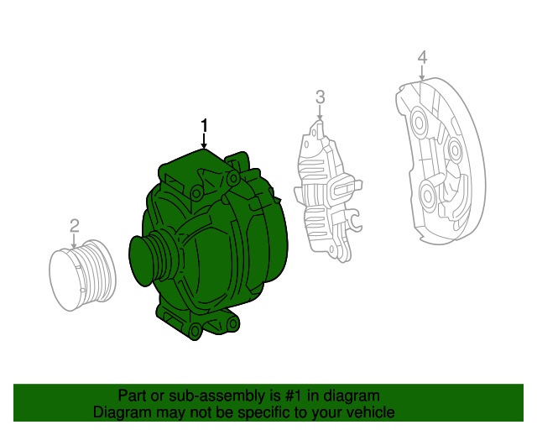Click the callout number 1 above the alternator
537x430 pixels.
pos(203,126)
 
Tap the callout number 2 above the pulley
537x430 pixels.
pos(74,225)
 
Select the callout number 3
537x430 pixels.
pos(320,97)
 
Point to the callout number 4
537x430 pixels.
pos(422,57)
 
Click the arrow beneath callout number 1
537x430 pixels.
pos(203,142)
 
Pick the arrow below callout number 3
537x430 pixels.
pos(320,115)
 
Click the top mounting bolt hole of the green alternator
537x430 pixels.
pos(196,194)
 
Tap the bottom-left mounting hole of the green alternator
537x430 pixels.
pos(196,328)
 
